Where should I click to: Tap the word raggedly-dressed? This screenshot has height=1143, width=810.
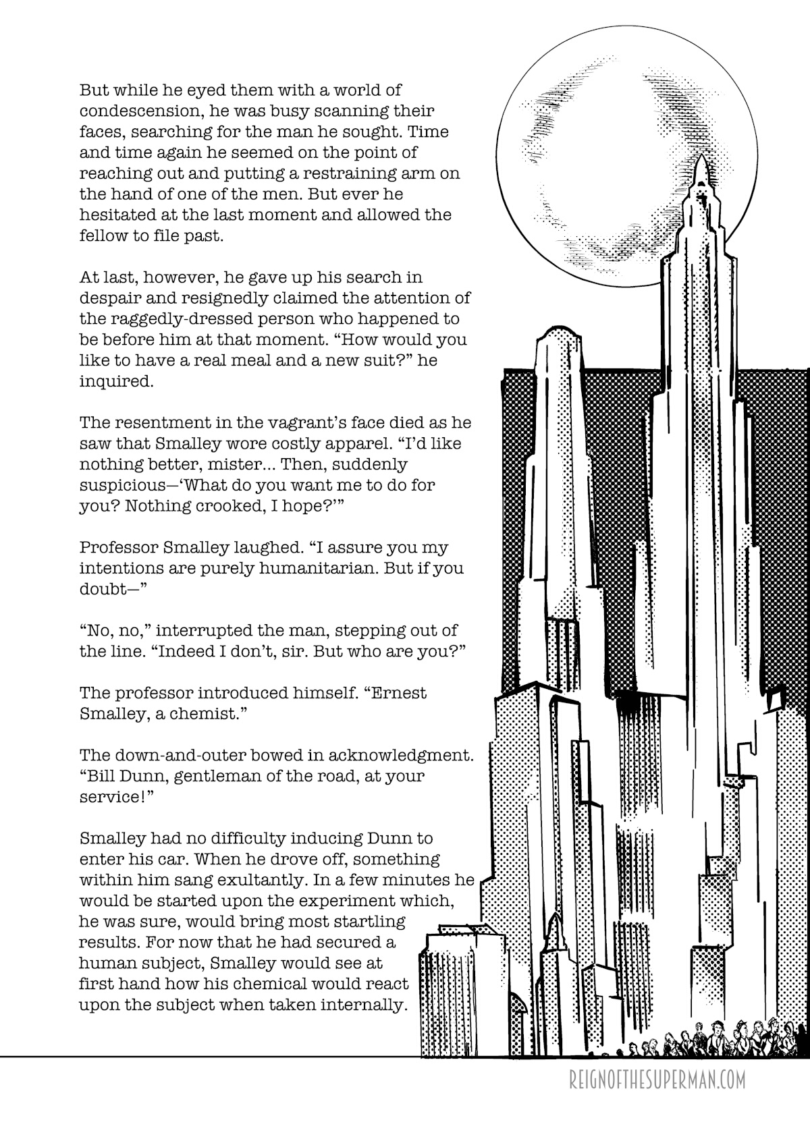pos(182,318)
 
